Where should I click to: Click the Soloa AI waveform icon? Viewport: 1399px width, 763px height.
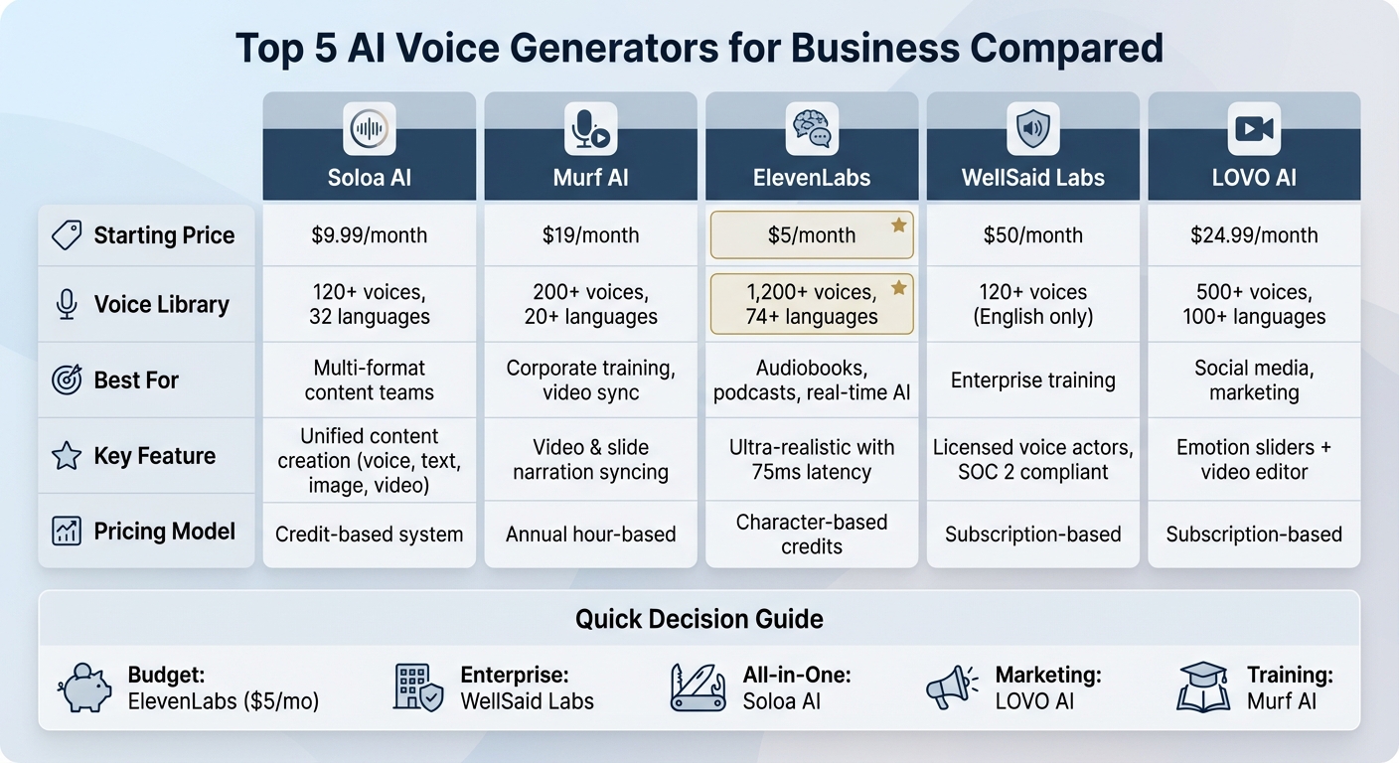[x=370, y=128]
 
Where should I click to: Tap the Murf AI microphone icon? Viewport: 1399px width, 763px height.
[x=590, y=128]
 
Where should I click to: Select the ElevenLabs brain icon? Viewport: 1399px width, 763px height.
[x=812, y=128]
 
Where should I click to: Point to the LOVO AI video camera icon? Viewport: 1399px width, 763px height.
[x=1254, y=128]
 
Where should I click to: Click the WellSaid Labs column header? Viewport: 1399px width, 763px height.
[x=1033, y=179]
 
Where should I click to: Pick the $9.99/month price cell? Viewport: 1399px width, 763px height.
[x=370, y=235]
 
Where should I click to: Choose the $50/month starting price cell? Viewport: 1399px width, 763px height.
[x=1033, y=235]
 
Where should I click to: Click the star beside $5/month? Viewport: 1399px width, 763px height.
[x=898, y=226]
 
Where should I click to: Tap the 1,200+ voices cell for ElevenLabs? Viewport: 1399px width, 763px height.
[x=812, y=304]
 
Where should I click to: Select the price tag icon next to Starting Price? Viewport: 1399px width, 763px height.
[x=67, y=235]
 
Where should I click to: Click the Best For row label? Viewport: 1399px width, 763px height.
[x=136, y=380]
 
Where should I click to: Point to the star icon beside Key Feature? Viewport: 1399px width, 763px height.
[x=67, y=456]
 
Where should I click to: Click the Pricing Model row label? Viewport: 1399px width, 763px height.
[x=164, y=532]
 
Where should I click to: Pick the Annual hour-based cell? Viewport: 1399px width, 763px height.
[x=590, y=534]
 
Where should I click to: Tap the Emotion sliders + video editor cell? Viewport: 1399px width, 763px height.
[x=1254, y=460]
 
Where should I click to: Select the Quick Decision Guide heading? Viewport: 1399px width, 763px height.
[x=699, y=620]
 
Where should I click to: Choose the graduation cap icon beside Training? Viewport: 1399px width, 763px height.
[x=1203, y=687]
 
